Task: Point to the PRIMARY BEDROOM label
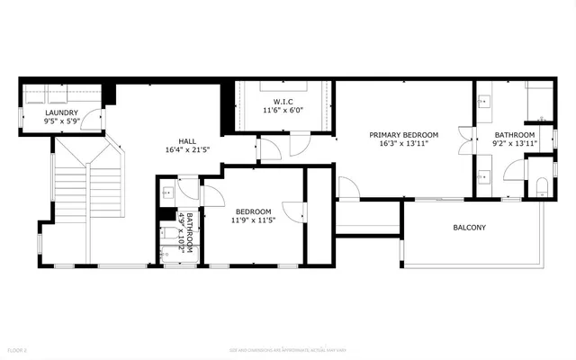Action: pyautogui.click(x=403, y=134)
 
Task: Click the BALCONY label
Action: pyautogui.click(x=469, y=228)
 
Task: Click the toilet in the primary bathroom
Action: pyautogui.click(x=540, y=187)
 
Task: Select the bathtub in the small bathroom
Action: pyautogui.click(x=170, y=238)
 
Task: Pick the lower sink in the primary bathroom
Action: pyautogui.click(x=484, y=173)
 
